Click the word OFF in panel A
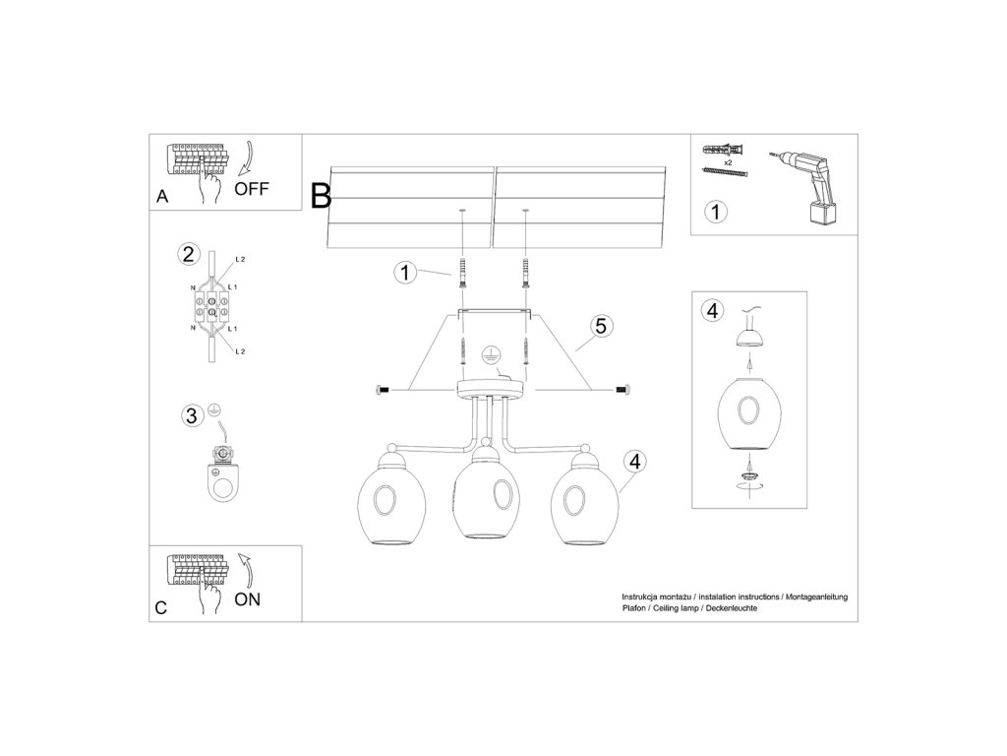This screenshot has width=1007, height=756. tap(252, 188)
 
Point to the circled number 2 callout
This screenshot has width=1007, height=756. tap(187, 254)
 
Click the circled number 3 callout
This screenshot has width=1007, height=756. tap(192, 414)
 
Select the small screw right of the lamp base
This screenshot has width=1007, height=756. tap(622, 391)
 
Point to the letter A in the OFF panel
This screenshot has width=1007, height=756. tap(162, 197)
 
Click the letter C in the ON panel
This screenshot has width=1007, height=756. tap(161, 608)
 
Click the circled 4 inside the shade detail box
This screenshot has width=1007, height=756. tap(712, 311)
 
